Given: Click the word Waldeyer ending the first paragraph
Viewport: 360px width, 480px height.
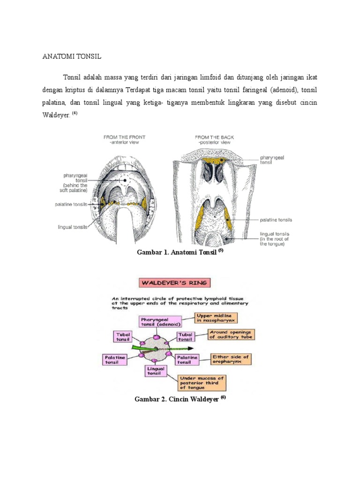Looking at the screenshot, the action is (x=54, y=114).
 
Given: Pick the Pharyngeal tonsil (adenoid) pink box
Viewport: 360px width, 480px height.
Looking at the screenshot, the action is (x=160, y=321).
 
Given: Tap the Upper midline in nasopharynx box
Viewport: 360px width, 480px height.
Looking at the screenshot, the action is (x=216, y=318).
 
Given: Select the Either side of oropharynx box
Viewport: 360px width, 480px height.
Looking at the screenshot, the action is (x=231, y=360).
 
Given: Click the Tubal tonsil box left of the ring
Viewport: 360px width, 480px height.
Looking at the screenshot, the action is (x=124, y=337).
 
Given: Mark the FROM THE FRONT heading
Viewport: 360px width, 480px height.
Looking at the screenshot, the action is (x=124, y=139).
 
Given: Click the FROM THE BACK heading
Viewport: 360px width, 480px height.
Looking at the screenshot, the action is (x=215, y=139).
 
